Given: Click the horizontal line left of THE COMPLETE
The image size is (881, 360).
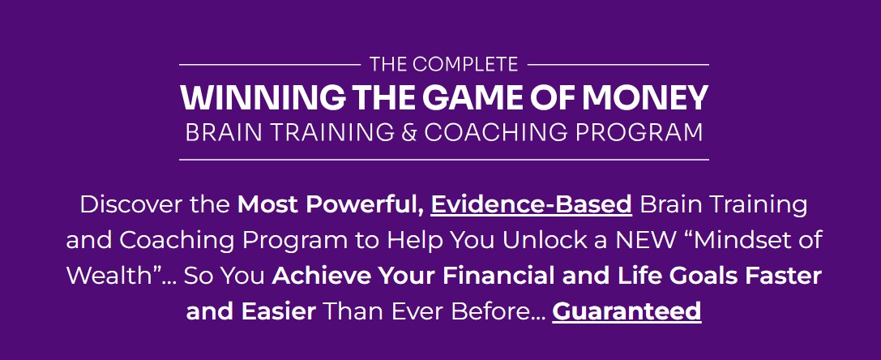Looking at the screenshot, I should (x=268, y=64).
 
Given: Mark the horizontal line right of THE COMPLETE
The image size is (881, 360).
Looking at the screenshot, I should (x=618, y=64).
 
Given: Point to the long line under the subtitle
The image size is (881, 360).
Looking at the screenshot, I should (x=443, y=160).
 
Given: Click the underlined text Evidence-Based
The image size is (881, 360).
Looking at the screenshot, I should (x=531, y=204).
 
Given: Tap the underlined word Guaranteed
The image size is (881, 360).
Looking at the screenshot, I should (x=627, y=311).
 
